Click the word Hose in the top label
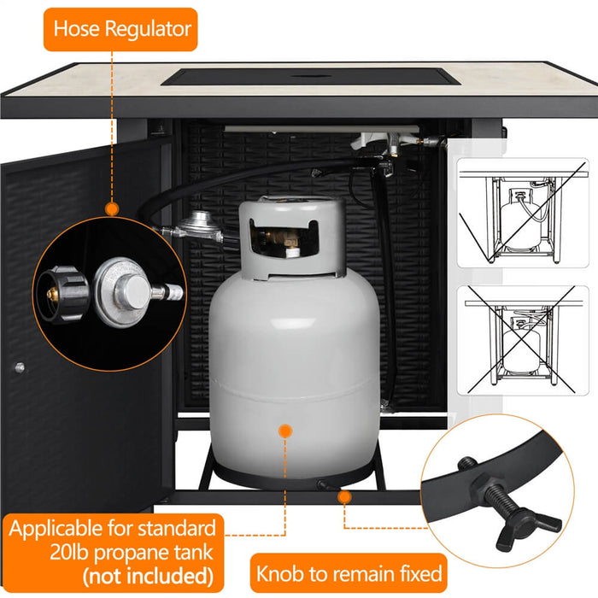coord(77,28)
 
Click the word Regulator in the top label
coord(148,29)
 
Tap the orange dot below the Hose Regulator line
coord(112,209)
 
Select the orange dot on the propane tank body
coord(285,431)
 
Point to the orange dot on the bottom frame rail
coord(344,497)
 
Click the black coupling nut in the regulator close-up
coord(63,295)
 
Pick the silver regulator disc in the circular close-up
coord(121,292)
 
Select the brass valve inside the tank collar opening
coord(281,239)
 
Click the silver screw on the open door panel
coord(20,367)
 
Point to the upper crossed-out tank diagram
coord(523,213)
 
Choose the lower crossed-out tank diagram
coord(523,340)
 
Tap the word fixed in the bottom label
coord(420,573)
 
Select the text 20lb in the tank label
coord(69,552)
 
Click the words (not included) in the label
coord(148,576)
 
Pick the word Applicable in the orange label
coord(56,529)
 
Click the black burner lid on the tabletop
coord(311,77)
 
